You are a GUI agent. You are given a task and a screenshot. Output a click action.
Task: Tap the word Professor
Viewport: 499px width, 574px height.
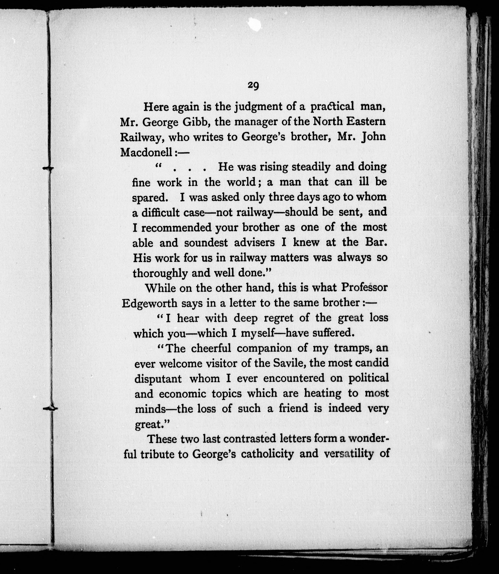(364, 288)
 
